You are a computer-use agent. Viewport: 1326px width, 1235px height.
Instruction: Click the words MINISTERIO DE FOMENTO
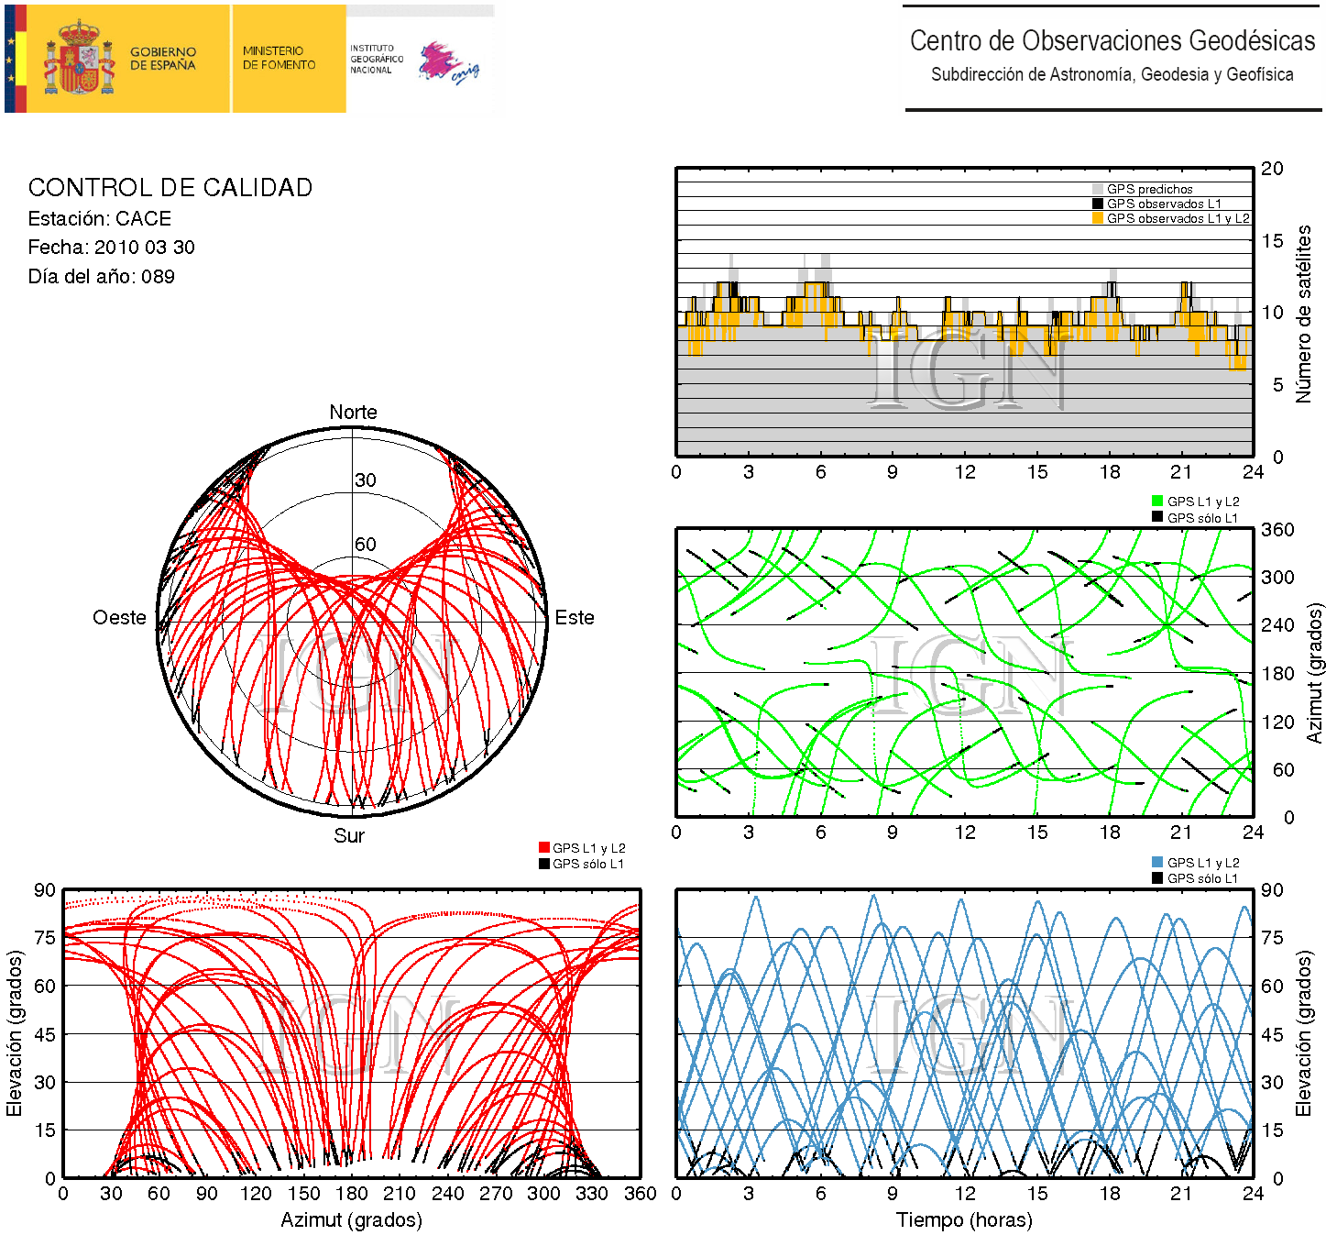pos(279,58)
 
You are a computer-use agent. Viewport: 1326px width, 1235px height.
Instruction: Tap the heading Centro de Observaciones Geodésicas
pos(1112,41)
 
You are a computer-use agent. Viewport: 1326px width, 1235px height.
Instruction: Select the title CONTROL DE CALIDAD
pos(170,188)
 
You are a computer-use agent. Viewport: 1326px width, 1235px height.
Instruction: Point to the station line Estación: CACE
pos(100,219)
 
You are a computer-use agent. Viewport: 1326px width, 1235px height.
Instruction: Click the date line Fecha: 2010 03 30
pos(112,248)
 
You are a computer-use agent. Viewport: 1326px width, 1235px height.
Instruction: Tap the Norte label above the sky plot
pos(353,413)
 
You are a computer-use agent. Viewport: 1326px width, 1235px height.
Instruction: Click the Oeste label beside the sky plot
pos(119,618)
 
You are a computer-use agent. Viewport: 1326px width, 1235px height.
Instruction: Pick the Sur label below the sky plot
pos(349,835)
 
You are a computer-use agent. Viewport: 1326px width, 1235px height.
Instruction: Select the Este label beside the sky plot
pos(575,618)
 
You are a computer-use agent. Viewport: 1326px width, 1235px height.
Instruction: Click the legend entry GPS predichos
pos(1149,189)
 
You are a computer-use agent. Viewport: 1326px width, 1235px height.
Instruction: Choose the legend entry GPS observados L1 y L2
pos(1178,218)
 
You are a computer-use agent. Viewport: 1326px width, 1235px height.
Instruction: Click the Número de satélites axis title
pos(1303,314)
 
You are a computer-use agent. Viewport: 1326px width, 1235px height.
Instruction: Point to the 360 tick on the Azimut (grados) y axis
pos(1277,530)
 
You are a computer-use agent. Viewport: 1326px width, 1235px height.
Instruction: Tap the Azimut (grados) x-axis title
pos(351,1220)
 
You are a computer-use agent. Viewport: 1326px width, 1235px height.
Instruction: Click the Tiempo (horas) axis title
pos(964,1220)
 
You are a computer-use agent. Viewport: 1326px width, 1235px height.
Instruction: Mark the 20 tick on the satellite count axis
pos(1272,169)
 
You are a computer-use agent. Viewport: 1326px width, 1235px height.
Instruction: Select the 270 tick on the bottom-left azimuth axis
pos(496,1194)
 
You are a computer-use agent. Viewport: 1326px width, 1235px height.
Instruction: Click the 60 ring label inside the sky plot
pos(366,545)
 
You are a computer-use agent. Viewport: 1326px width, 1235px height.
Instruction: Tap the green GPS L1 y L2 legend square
pos(1157,501)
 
